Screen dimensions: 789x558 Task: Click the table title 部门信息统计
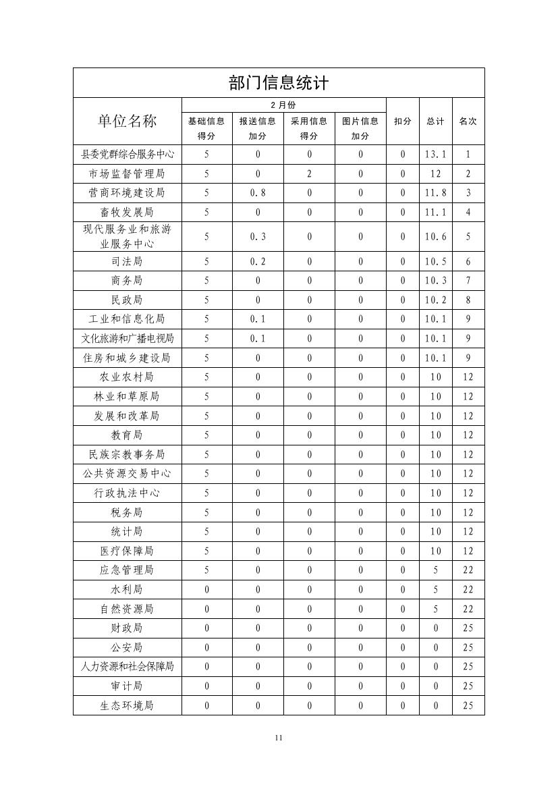(279, 83)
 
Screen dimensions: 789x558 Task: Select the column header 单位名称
(127, 121)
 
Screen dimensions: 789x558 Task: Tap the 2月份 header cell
(283, 105)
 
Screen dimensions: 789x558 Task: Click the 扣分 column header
(403, 121)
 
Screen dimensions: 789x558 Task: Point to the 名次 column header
(468, 121)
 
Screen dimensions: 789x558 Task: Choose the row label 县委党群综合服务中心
(127, 154)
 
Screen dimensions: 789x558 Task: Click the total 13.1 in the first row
(436, 154)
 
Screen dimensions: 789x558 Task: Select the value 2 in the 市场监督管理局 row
(309, 173)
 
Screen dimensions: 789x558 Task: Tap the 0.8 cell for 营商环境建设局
(258, 193)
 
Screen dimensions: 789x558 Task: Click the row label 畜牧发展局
(127, 213)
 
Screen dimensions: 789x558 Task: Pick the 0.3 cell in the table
(258, 237)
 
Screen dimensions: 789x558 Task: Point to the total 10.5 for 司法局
(436, 262)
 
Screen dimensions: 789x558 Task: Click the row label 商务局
(127, 281)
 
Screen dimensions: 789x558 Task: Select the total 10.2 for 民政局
(436, 300)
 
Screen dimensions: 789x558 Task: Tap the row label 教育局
(127, 435)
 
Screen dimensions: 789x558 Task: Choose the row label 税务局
(127, 512)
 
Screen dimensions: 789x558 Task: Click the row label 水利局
(127, 590)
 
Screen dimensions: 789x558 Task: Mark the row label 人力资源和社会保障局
(127, 667)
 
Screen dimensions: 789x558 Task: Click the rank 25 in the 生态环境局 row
(468, 706)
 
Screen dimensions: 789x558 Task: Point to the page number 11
(279, 738)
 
